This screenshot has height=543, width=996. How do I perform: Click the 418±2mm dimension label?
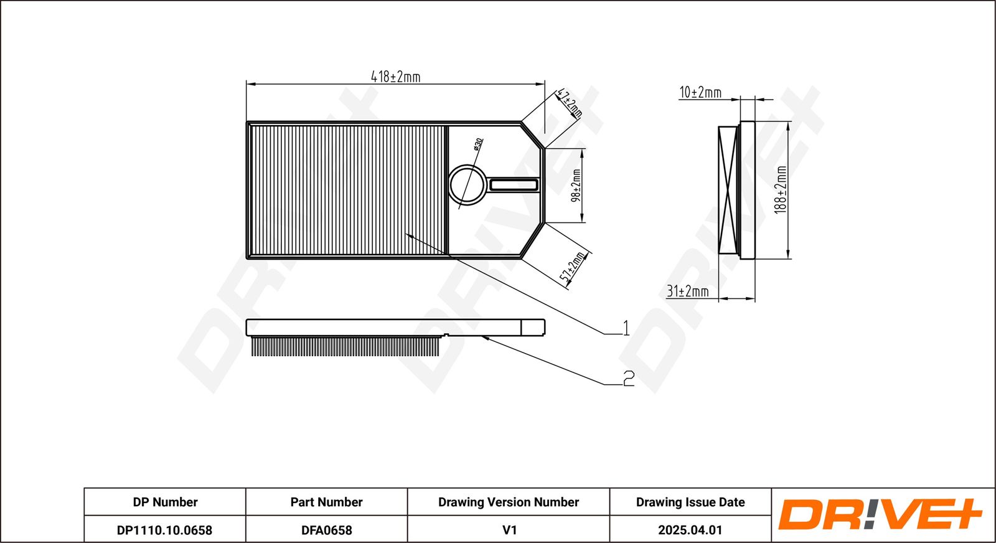click(x=395, y=77)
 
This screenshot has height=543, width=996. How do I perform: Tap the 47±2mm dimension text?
click(x=570, y=103)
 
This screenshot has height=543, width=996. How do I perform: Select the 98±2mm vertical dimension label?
click(x=576, y=186)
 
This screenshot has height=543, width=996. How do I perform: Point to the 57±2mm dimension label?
click(x=575, y=268)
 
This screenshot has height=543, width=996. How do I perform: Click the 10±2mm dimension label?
click(x=700, y=93)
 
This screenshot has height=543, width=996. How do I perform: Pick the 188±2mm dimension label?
click(x=781, y=190)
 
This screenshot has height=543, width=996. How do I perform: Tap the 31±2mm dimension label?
click(x=688, y=291)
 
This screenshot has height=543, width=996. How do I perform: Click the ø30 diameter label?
click(x=478, y=144)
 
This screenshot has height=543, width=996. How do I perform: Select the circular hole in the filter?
click(x=467, y=184)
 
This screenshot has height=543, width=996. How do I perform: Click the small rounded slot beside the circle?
click(x=514, y=184)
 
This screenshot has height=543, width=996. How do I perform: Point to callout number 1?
click(x=626, y=328)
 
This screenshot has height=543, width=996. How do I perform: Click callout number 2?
click(x=629, y=378)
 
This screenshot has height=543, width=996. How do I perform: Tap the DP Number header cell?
click(x=165, y=502)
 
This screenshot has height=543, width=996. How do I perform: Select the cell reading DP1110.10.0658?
click(x=164, y=530)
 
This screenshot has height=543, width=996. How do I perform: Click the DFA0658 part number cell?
click(x=326, y=530)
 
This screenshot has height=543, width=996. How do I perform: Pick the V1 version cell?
click(x=509, y=530)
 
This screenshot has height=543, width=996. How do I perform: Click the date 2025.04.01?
click(x=690, y=530)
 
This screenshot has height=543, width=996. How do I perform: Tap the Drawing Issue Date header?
click(x=690, y=502)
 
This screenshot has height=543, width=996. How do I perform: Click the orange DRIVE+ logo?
click(x=880, y=514)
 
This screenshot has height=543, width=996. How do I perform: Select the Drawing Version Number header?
click(x=509, y=502)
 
